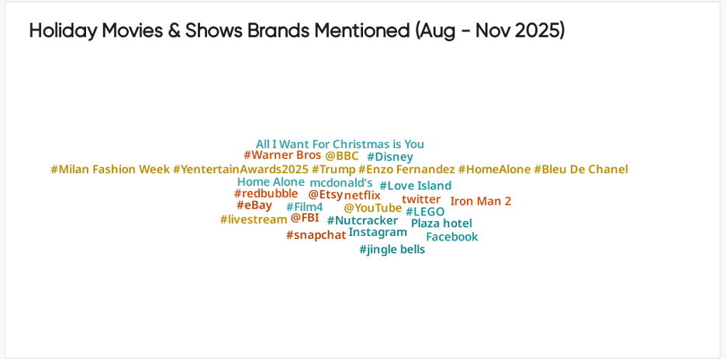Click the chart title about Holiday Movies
pyautogui.click(x=297, y=31)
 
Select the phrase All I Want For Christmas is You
pyautogui.click(x=340, y=144)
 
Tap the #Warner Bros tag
pyautogui.click(x=282, y=155)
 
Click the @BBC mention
pyautogui.click(x=341, y=156)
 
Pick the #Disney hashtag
pyautogui.click(x=389, y=157)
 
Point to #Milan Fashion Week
pyautogui.click(x=110, y=169)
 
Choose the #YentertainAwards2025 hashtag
pyautogui.click(x=240, y=169)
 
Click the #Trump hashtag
pyautogui.click(x=334, y=169)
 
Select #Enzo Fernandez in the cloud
pyautogui.click(x=406, y=169)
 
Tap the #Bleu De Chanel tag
pyautogui.click(x=581, y=169)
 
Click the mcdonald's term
pyautogui.click(x=341, y=183)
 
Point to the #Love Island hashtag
pyautogui.click(x=415, y=185)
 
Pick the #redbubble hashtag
pyautogui.click(x=266, y=193)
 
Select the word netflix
pyautogui.click(x=362, y=196)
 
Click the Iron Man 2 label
pyautogui.click(x=481, y=201)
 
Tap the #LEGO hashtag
pyautogui.click(x=425, y=211)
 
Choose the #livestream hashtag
pyautogui.click(x=254, y=220)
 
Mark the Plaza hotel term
pyautogui.click(x=441, y=223)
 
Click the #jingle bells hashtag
pyautogui.click(x=392, y=250)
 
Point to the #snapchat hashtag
pyautogui.click(x=316, y=235)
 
